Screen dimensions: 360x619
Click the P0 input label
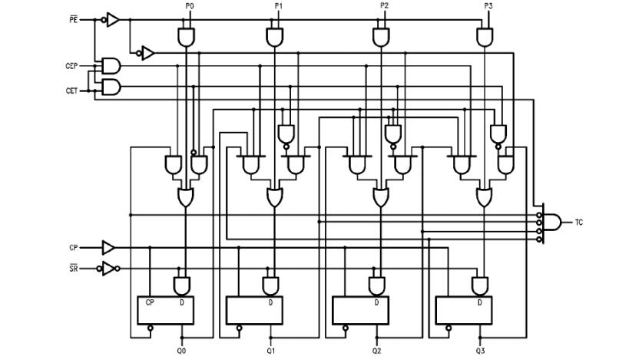click(x=190, y=6)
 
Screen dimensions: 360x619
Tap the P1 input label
click(x=278, y=6)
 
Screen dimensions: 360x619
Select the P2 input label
click(x=384, y=6)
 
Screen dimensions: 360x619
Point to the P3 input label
click(x=488, y=6)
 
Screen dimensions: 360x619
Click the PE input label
click(x=74, y=18)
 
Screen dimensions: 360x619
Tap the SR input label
click(x=73, y=268)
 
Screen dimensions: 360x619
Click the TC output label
click(x=578, y=222)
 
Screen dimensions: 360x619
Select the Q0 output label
click(x=182, y=350)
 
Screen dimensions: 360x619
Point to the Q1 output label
click(x=271, y=350)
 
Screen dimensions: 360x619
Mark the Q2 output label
click(x=376, y=350)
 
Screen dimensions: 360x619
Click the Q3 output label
click(x=480, y=350)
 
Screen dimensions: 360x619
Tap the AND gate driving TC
click(x=552, y=222)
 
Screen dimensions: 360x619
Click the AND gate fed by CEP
click(x=111, y=64)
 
